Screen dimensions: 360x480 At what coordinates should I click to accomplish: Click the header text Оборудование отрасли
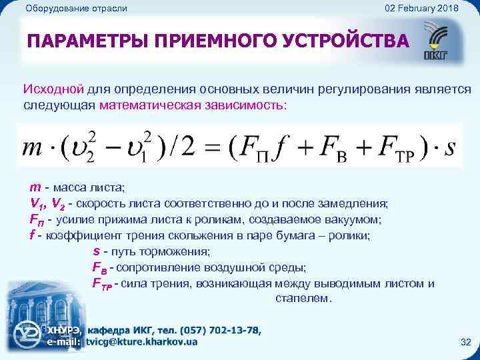[x=75, y=8]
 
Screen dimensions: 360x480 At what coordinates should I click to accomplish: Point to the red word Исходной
[x=53, y=89]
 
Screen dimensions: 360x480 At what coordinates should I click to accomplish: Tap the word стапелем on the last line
[x=303, y=299]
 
